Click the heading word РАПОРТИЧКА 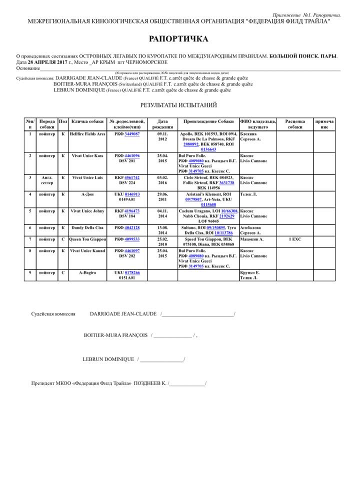click(178, 39)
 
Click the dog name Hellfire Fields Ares click(87, 134)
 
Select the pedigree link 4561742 click(132, 177)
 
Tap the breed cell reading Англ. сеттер click(47, 180)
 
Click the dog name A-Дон click(87, 194)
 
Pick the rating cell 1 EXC click(295, 239)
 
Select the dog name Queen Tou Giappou click(87, 239)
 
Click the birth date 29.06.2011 click(162, 196)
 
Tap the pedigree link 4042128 click(132, 228)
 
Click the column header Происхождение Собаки click(208, 121)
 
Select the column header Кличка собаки click(87, 121)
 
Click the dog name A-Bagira click(87, 272)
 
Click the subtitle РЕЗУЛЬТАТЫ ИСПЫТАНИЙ click(178, 105)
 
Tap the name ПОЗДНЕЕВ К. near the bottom click(150, 383)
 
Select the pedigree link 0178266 click(132, 272)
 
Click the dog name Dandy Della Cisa click(87, 228)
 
